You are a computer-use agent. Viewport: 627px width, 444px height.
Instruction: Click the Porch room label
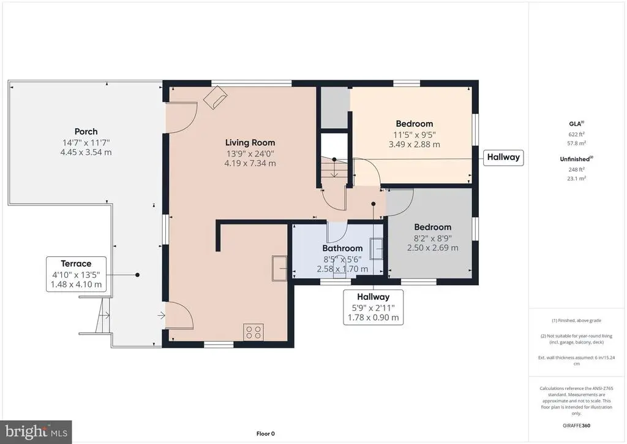click(86, 132)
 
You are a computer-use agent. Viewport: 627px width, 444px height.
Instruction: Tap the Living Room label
click(250, 142)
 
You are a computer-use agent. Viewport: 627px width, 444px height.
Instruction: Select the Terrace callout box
click(76, 274)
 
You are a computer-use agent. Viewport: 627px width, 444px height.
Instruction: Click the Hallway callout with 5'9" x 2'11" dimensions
click(373, 307)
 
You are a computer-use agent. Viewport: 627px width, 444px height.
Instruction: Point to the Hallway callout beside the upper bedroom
click(503, 158)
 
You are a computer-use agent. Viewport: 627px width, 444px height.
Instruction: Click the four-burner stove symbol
click(253, 332)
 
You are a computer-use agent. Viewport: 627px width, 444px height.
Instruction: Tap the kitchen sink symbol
click(279, 268)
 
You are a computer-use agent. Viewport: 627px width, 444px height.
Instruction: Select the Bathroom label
click(342, 248)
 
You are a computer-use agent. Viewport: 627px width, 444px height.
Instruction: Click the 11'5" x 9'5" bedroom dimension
click(415, 135)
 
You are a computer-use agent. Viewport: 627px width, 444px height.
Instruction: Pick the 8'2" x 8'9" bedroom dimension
click(433, 238)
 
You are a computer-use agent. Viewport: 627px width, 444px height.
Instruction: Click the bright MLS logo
click(36, 432)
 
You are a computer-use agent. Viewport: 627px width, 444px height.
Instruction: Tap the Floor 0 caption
click(266, 434)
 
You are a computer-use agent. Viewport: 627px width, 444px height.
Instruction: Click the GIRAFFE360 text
click(576, 426)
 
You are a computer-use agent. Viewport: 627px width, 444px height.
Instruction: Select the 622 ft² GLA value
click(576, 134)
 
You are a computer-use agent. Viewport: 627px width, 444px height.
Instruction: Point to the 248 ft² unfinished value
click(576, 169)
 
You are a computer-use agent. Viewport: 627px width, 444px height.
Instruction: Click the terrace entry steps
click(102, 315)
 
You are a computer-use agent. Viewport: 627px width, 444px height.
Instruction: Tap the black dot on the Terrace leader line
click(137, 275)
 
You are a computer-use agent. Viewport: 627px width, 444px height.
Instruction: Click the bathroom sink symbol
click(376, 248)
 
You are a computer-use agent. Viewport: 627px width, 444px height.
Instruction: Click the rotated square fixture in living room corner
click(215, 98)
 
